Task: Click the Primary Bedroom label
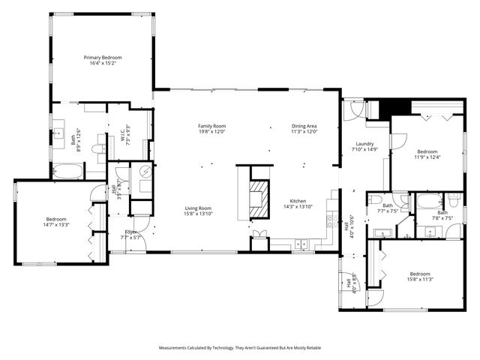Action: point(102,58)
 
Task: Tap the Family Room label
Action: point(211,126)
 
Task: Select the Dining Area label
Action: point(304,126)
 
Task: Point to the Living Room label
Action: point(199,208)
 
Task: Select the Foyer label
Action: point(131,232)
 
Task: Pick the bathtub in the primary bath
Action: point(68,172)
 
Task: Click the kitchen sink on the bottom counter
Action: point(302,244)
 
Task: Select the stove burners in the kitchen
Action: point(329,222)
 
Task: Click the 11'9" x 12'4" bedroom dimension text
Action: point(427,157)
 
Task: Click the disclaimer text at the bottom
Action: point(240,348)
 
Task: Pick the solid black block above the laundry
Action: point(391,108)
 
